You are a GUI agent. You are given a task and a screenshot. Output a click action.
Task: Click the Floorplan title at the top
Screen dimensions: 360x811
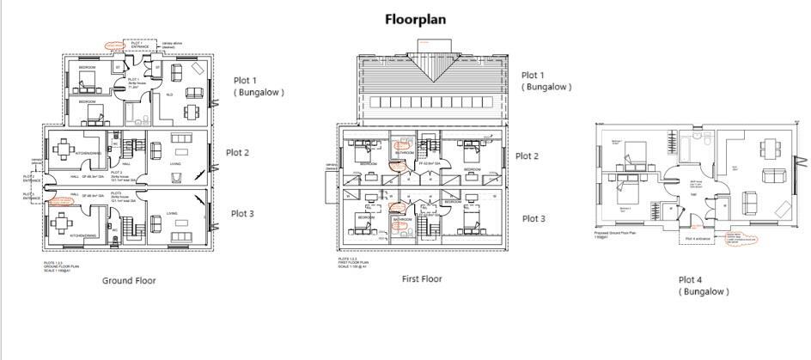pos(415,19)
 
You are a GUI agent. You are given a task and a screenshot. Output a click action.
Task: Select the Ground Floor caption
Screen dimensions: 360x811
pos(129,280)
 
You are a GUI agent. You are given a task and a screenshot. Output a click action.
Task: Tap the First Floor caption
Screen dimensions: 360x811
pos(422,279)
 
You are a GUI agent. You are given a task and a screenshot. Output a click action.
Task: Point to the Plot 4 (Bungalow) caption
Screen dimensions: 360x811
pos(703,285)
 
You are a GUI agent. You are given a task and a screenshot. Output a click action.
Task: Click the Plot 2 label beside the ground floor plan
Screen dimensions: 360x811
pos(238,153)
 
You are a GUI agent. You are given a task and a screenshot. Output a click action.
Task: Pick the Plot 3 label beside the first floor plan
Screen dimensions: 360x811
pos(534,219)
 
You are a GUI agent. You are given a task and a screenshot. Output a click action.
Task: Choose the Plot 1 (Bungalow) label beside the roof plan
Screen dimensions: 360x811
pos(546,81)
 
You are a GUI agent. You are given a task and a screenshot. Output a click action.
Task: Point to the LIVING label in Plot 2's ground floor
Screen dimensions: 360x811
pos(175,163)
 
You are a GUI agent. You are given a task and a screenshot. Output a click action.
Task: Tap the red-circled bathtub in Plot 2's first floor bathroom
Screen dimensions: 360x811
pos(399,145)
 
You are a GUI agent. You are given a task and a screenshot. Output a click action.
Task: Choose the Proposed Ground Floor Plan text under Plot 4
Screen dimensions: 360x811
pos(616,233)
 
